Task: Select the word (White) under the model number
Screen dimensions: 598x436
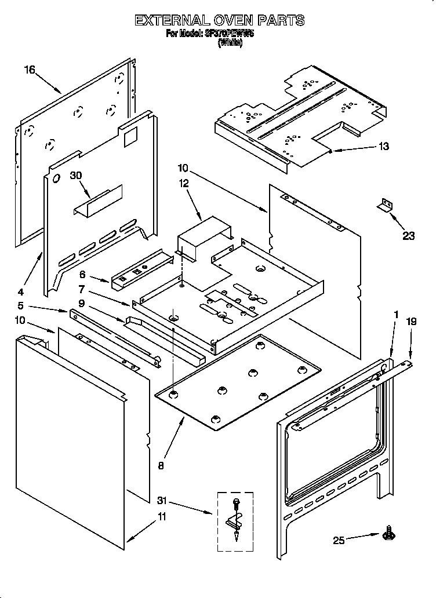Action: tap(230, 42)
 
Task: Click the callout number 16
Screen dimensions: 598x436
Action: tap(30, 70)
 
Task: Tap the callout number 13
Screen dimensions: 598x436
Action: tap(383, 147)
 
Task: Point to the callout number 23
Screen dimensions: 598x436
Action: tap(409, 236)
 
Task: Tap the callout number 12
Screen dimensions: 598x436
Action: tap(184, 184)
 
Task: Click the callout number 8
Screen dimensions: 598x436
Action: tap(161, 464)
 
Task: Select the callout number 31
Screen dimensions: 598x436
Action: tap(164, 500)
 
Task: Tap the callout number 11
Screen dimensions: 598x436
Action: tap(162, 517)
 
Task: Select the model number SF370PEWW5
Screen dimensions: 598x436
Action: tap(228, 34)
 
